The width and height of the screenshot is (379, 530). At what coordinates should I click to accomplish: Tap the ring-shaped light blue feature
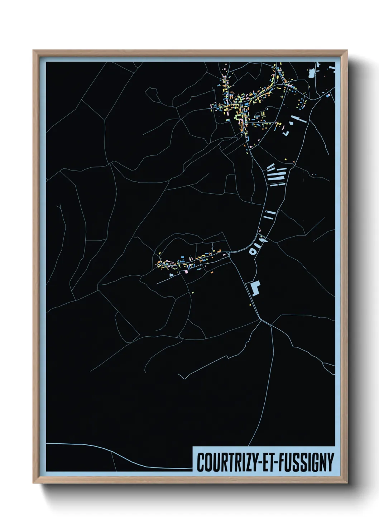253,251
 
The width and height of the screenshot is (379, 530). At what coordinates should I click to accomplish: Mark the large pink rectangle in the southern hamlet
186,272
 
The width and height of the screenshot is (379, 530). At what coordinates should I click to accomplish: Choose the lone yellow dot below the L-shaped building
250,305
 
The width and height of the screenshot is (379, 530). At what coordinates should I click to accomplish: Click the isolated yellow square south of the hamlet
192,292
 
